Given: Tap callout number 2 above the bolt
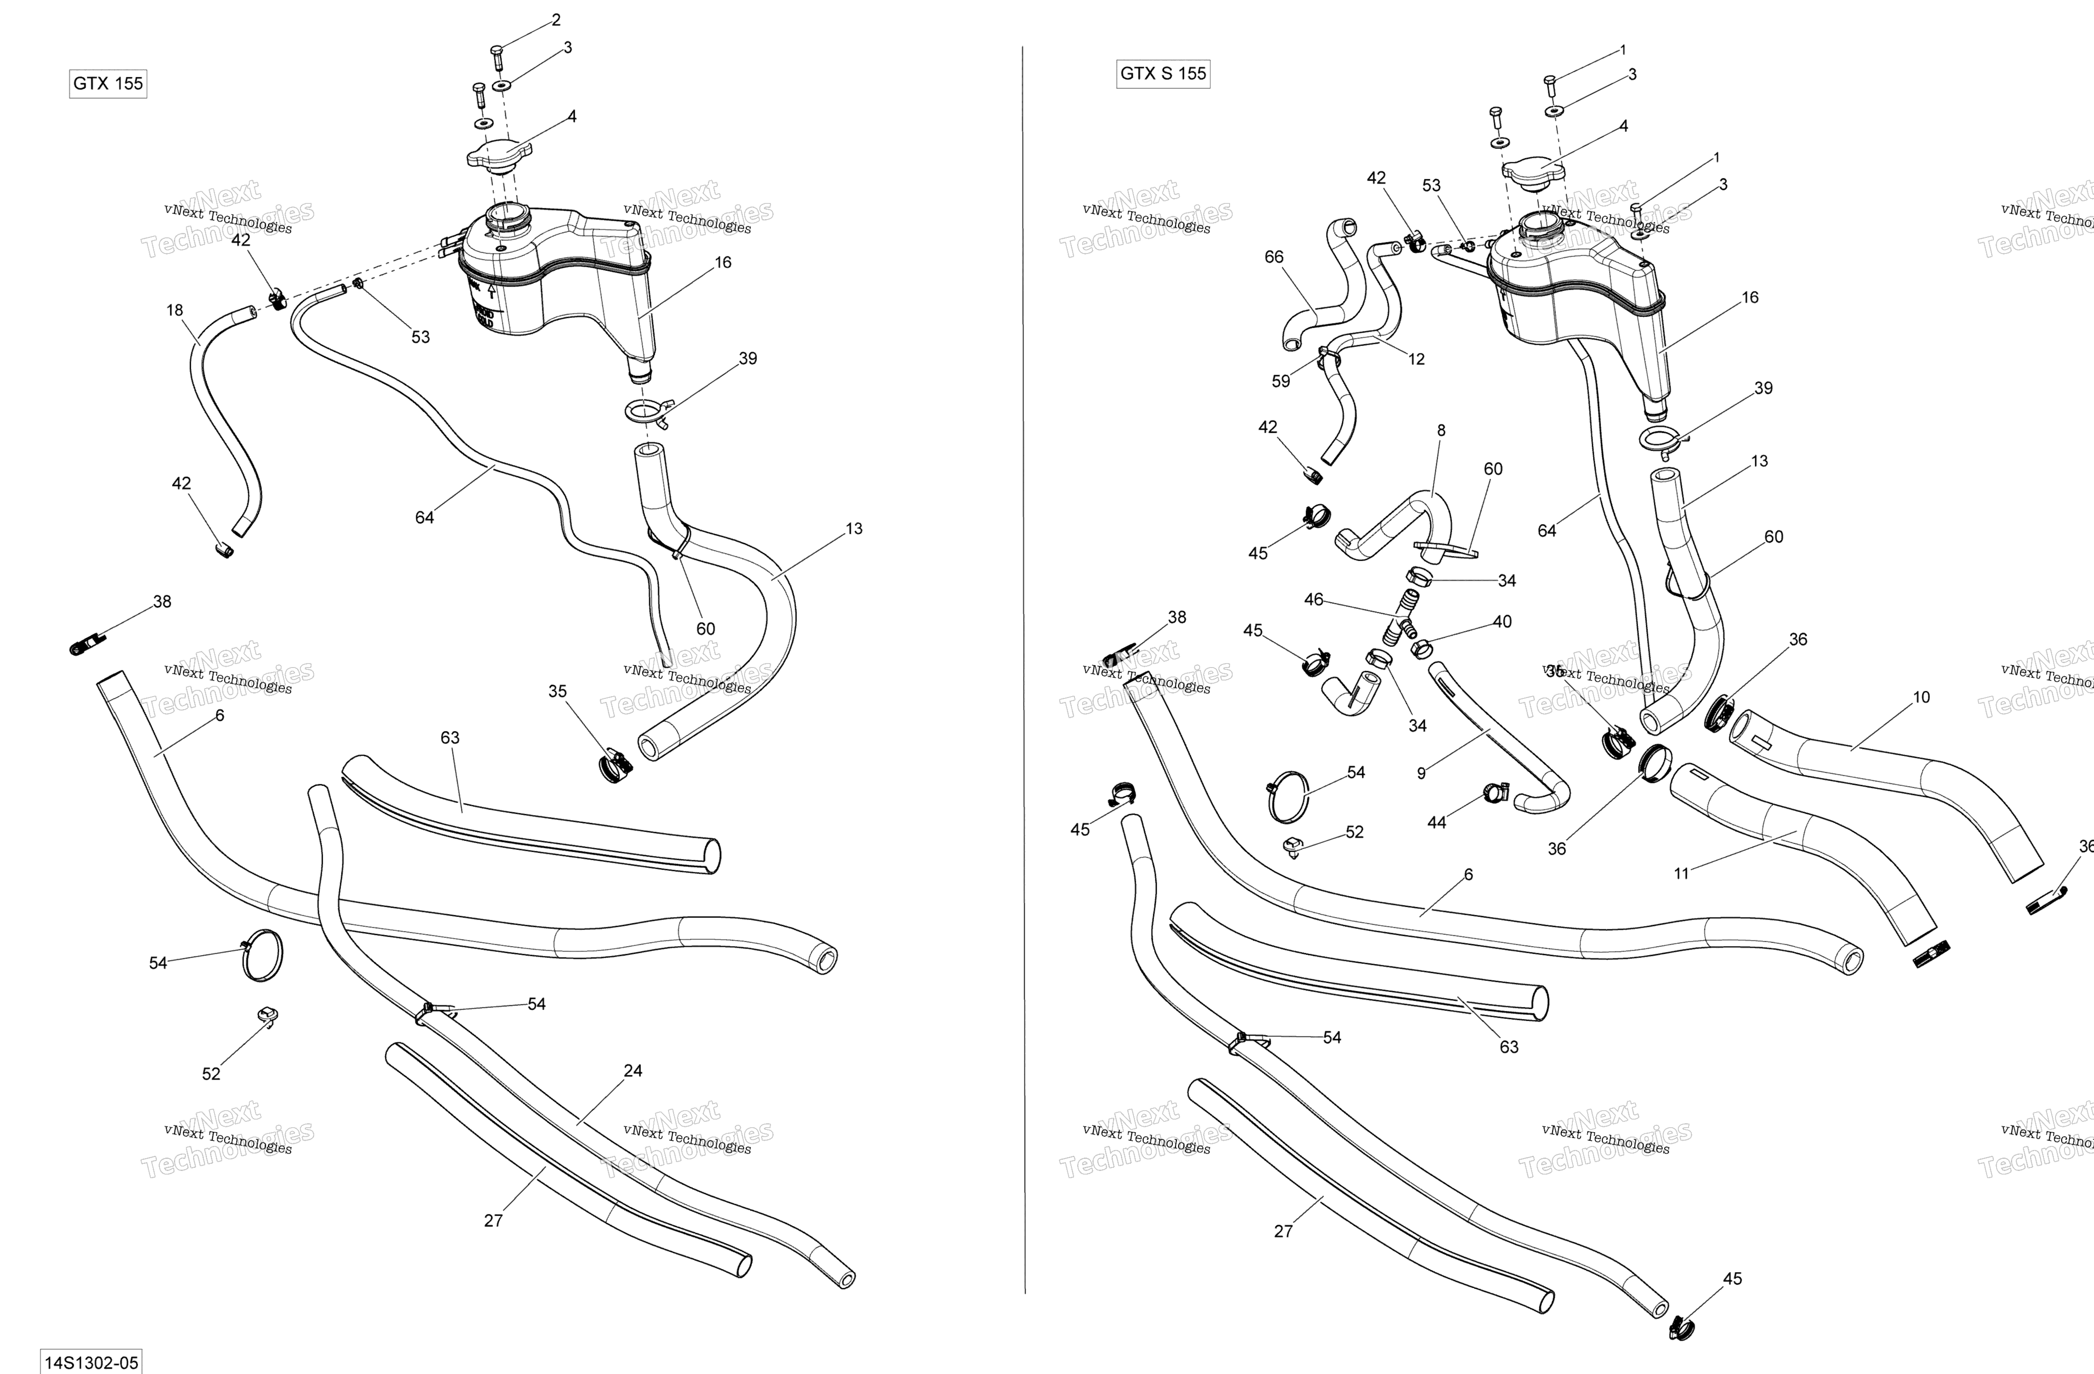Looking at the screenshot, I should click(555, 19).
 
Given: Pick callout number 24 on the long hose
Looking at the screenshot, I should click(632, 1070).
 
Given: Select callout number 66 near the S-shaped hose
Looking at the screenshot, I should click(1274, 257).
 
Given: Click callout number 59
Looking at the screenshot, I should click(1281, 381).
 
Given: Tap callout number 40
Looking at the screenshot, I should click(1502, 621).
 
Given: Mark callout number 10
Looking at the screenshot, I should click(1921, 697).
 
